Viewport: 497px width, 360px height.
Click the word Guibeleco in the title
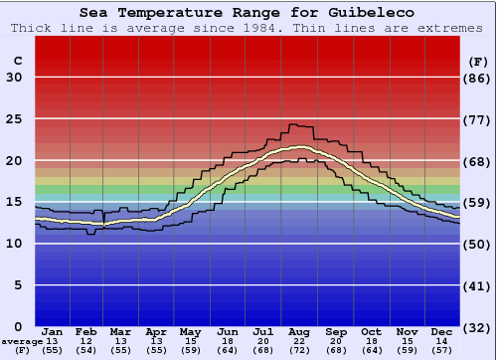[369, 13]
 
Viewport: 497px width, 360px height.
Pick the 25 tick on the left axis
[14, 119]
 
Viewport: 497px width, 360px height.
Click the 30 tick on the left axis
[14, 78]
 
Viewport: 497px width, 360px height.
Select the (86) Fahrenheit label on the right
[478, 78]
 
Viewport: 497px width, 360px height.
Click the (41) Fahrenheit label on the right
[478, 285]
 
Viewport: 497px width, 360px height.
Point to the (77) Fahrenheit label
[478, 119]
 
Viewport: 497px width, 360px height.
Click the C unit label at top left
[17, 61]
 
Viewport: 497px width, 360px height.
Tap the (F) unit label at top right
[478, 61]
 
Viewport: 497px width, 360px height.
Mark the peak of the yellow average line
[299, 147]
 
